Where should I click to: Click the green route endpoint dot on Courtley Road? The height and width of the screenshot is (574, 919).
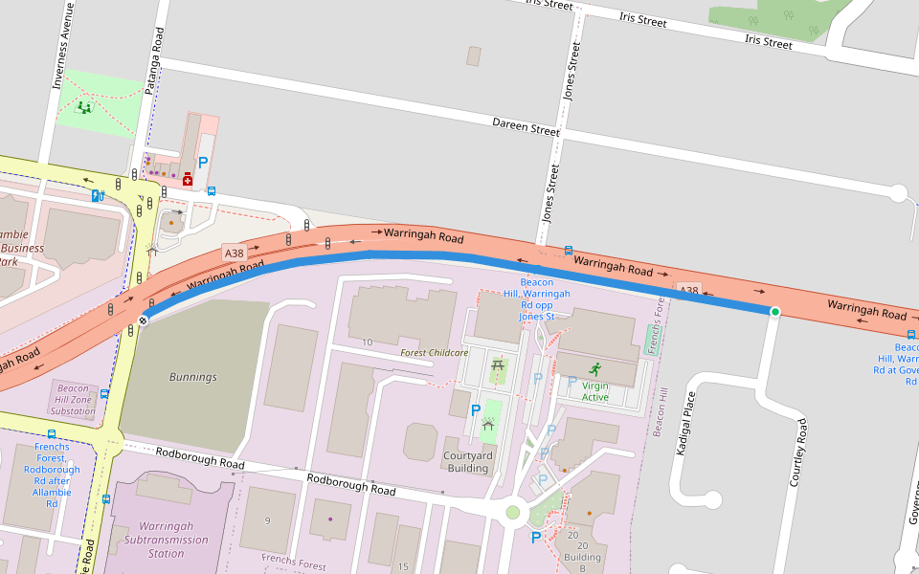tap(774, 312)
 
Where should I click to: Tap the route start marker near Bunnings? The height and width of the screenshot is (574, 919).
tap(143, 320)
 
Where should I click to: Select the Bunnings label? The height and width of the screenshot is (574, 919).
tap(192, 377)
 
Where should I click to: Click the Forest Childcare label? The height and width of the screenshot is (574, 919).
tap(434, 353)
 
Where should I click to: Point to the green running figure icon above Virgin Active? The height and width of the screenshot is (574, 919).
tap(594, 368)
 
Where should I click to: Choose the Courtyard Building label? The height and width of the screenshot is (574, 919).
tap(468, 462)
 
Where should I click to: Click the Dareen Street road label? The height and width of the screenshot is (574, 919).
tap(526, 126)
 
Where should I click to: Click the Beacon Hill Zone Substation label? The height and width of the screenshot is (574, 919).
tap(73, 401)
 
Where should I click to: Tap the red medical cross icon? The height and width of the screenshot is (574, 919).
tap(188, 179)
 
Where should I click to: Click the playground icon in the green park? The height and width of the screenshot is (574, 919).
tap(85, 107)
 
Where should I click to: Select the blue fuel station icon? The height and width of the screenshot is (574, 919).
tap(97, 196)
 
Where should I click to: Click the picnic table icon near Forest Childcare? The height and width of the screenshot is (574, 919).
tap(497, 364)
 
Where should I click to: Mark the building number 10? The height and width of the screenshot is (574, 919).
tap(367, 342)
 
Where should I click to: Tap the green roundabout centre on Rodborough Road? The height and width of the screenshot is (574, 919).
tap(513, 512)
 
